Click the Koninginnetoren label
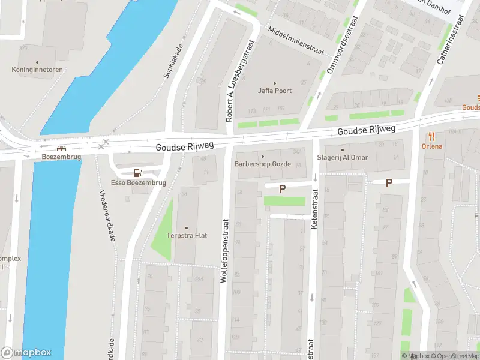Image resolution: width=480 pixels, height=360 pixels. pos(37,70)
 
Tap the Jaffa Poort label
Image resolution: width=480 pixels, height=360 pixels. pos(275,91)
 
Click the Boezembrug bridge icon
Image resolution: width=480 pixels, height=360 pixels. pos(61,148)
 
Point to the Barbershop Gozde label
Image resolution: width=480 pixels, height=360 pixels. pos(262,164)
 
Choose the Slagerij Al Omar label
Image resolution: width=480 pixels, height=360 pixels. pos(343,158)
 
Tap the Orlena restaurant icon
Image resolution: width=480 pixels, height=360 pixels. pos(431,137)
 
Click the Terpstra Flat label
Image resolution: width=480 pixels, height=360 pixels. pos(187,235)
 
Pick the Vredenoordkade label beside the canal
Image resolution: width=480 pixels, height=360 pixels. pos(107,216)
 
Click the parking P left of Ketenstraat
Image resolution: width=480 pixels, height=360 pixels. pos(282,188)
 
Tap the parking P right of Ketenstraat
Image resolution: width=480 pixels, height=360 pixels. pos(389,182)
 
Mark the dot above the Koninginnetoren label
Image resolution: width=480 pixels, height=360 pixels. pos(37,62)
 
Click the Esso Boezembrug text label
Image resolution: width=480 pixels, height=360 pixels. pos(139,182)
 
